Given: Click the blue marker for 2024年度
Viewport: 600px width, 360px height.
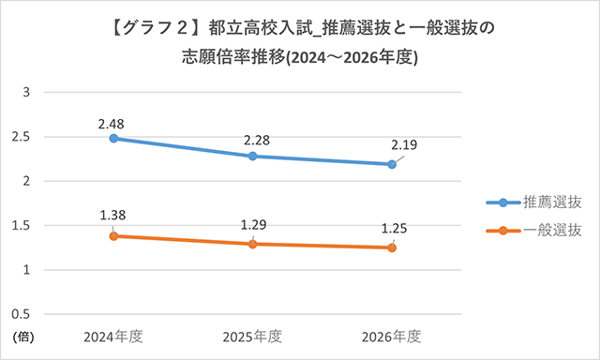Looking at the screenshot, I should [x=113, y=138].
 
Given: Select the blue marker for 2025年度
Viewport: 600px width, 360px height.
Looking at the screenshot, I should [x=252, y=156].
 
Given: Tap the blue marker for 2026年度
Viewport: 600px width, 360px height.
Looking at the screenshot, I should [x=392, y=164].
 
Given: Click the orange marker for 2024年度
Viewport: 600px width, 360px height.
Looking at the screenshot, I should [x=113, y=236].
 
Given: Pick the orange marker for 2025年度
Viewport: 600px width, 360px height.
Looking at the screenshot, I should [x=252, y=244].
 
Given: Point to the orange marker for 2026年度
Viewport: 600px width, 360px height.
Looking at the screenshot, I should [x=392, y=247].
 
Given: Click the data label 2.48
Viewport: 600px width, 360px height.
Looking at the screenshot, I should [x=112, y=122].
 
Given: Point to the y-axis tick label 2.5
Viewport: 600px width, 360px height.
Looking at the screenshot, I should [x=22, y=137].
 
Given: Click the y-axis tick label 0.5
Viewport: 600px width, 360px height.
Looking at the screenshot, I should [x=22, y=314].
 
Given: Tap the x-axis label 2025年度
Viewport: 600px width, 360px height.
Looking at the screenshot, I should [x=252, y=337].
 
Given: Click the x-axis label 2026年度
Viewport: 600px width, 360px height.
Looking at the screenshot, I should [x=392, y=337].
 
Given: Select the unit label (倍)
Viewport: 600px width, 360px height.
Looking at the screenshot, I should [x=24, y=336].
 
